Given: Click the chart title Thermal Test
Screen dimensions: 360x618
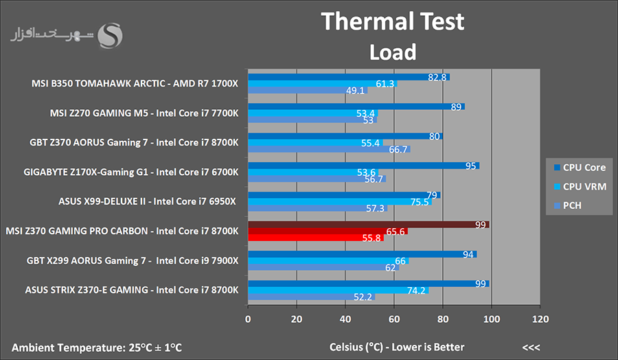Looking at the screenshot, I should tap(392, 22).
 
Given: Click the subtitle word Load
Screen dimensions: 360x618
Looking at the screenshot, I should tap(392, 52).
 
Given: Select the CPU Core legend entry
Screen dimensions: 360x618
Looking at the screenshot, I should tap(580, 166).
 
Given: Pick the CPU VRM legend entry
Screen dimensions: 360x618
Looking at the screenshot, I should tap(580, 186).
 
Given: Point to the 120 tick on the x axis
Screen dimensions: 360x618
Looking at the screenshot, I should tap(540, 319).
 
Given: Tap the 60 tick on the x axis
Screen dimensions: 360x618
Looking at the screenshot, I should tap(394, 319).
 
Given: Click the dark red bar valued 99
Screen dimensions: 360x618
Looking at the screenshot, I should tap(367, 224).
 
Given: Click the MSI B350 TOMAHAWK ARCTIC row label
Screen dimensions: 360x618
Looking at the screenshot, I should tap(135, 84).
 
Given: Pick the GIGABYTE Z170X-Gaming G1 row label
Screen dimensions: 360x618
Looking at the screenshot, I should tap(131, 172).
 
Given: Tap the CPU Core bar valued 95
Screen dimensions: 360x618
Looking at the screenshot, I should tap(363, 166).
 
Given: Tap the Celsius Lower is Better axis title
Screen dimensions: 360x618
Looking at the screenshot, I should tap(396, 347).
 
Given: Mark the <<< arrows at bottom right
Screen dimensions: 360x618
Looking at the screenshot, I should tap(530, 347).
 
